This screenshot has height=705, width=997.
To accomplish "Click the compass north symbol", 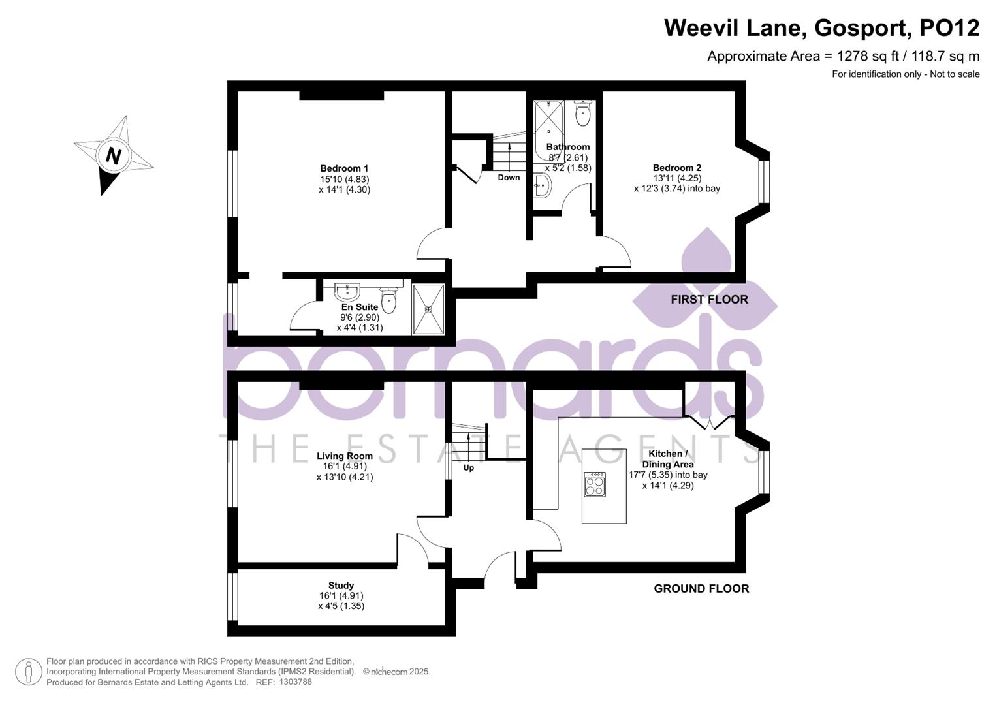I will (x=113, y=156).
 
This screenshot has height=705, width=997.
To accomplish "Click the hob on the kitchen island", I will (x=594, y=484).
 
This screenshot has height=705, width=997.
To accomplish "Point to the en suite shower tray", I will (x=428, y=309).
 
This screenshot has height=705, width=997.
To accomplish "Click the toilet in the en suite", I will (x=388, y=300).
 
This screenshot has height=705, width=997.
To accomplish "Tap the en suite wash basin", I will (x=346, y=290).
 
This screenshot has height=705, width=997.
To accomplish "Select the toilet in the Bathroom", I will (x=582, y=114).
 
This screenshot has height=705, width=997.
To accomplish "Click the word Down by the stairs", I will (x=509, y=178).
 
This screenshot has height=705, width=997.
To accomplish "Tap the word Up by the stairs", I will (x=468, y=468).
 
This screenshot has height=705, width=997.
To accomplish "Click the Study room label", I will (x=341, y=586).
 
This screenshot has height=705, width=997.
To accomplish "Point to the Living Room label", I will (x=345, y=456).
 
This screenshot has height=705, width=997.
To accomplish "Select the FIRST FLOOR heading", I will (x=709, y=300).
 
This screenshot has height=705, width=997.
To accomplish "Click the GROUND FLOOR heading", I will (x=701, y=589).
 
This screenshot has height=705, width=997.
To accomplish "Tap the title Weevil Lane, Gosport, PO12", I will (x=821, y=28).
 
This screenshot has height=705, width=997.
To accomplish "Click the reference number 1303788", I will (x=295, y=682).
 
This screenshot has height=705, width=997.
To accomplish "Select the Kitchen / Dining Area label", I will (x=667, y=459).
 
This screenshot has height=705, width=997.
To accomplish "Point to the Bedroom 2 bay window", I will (x=763, y=182).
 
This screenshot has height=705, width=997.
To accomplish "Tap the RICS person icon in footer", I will (x=28, y=672).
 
